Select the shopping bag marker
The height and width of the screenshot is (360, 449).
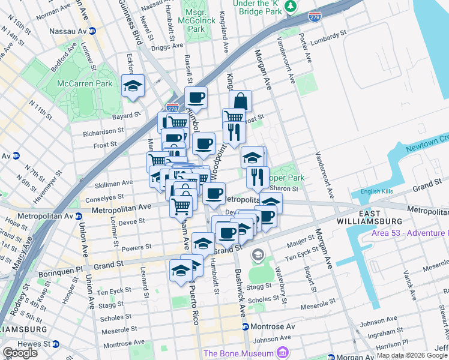click(240, 101)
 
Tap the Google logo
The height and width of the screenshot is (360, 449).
click(20, 353)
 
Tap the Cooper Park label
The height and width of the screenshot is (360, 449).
click(286, 178)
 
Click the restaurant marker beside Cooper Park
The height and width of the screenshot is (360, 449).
click(258, 176)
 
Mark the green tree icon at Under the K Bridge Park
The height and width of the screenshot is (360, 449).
click(291, 6)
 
